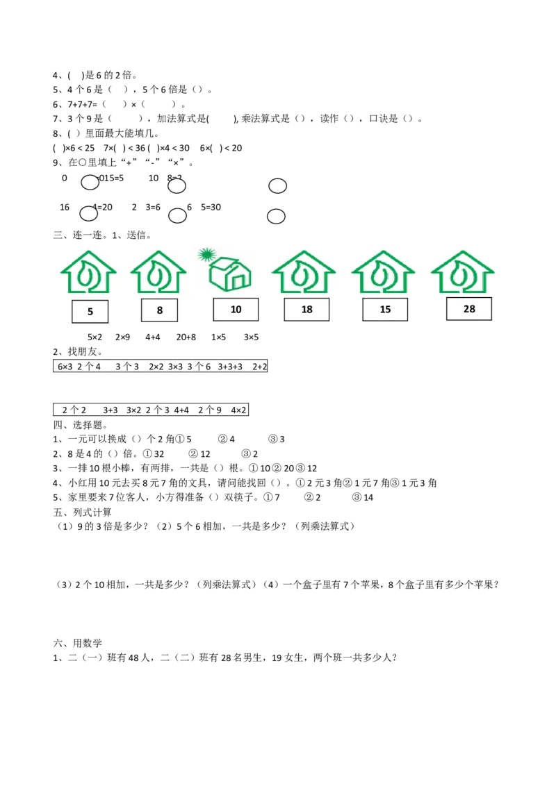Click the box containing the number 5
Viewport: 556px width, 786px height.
[x=90, y=312]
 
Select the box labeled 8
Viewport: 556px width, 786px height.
[x=159, y=310]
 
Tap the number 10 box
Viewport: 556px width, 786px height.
[x=236, y=310]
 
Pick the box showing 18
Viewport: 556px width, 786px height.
[x=306, y=310]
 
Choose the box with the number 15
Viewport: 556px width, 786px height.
[x=385, y=310]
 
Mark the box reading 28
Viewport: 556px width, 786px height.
[x=469, y=309]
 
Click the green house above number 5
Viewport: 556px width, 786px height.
[x=88, y=272]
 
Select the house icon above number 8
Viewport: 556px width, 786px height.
[x=158, y=272]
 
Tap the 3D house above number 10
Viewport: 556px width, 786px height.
[x=231, y=273]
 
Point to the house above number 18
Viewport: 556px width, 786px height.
[x=304, y=272]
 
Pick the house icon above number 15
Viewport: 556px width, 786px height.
[x=383, y=272]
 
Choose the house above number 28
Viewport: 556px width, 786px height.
[x=462, y=272]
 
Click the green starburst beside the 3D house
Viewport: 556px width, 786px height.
[x=206, y=254]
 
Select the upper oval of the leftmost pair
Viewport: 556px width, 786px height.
[x=90, y=183]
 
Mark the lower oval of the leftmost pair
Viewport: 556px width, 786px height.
[x=88, y=214]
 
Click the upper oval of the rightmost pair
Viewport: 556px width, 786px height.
[x=277, y=186]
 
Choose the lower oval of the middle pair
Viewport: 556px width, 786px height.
[x=177, y=216]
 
